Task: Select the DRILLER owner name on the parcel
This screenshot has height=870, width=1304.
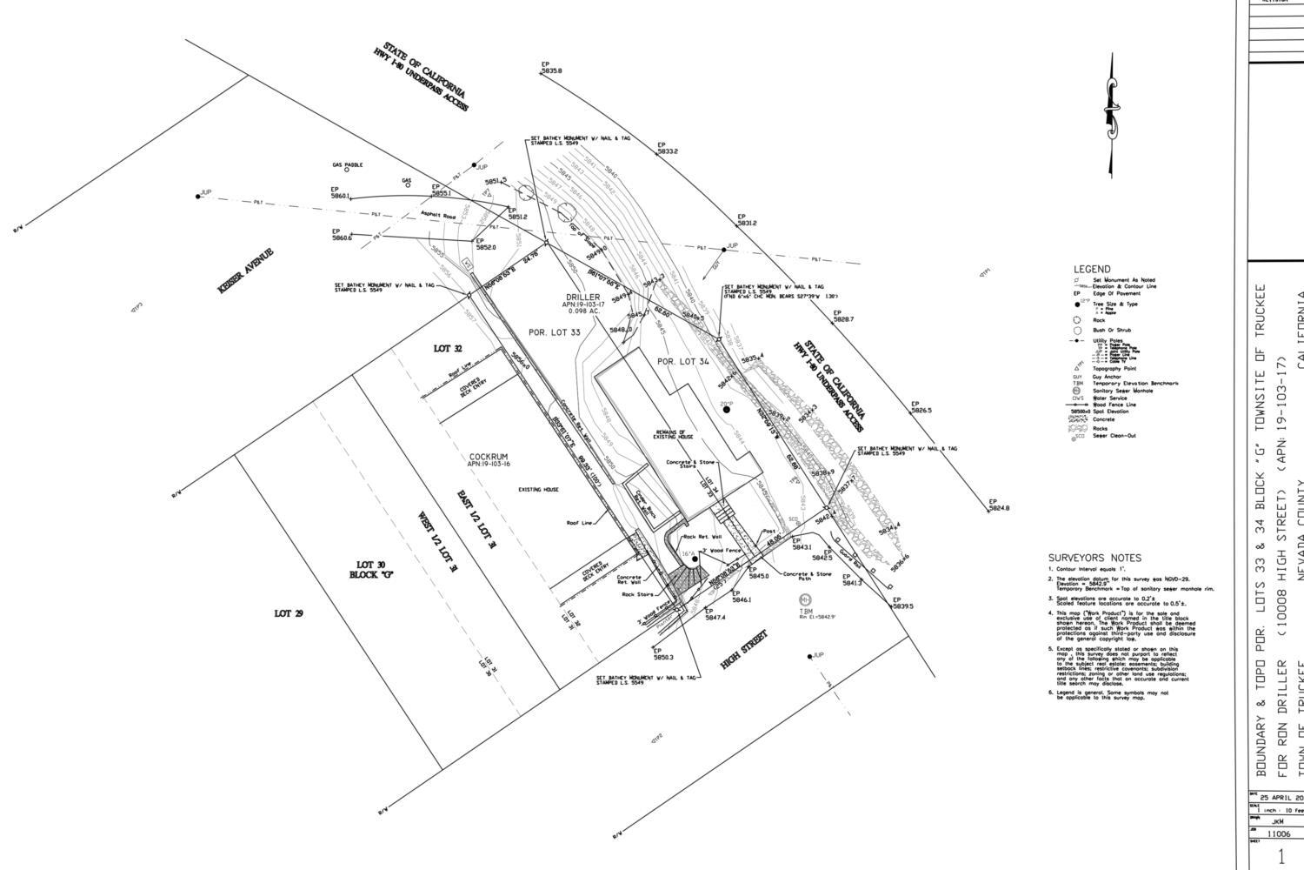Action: pos(582,298)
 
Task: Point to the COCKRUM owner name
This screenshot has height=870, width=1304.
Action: pos(488,457)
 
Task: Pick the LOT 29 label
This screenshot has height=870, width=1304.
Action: pos(288,613)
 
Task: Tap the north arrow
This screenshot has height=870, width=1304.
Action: pos(1110,113)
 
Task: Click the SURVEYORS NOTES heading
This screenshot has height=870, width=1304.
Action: pos(1094,558)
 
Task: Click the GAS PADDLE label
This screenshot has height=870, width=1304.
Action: pos(347,164)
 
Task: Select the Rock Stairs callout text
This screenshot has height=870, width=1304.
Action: pos(636,595)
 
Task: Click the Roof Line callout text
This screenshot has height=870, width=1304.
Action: pos(579,523)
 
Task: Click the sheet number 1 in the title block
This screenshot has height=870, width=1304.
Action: pos(1280,857)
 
